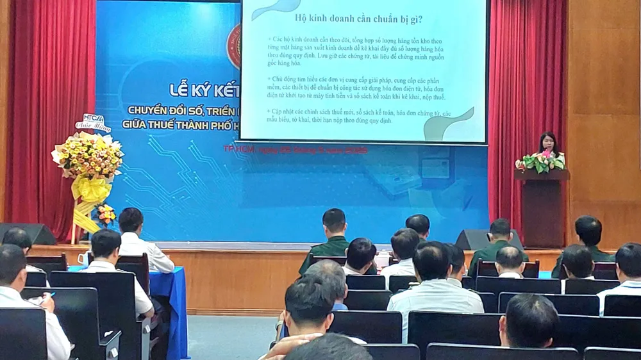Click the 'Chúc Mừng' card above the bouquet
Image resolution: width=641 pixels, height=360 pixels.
point(94,122)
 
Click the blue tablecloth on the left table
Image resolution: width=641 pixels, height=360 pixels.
point(173,301)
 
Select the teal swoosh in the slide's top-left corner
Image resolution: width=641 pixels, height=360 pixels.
point(276,10)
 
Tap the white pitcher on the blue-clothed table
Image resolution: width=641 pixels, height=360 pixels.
point(83,258)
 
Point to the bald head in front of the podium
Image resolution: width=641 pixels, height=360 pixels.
point(510,259)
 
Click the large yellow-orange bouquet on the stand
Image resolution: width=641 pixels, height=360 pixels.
point(88,156)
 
